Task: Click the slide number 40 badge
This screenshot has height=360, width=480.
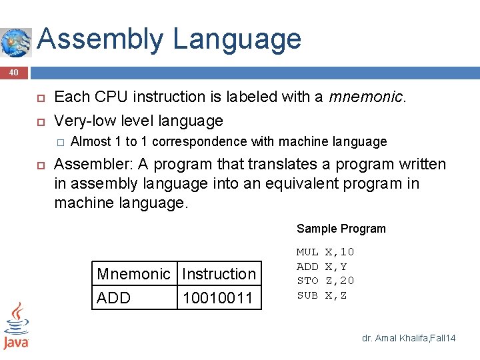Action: point(13,72)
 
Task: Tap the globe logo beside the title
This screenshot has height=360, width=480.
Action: point(15,43)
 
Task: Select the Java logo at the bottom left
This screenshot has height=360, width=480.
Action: point(16,327)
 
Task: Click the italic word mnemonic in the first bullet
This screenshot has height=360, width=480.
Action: point(365,97)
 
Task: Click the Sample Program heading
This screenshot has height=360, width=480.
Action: point(341,229)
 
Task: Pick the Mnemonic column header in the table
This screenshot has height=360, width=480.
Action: point(133,274)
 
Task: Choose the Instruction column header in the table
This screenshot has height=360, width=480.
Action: point(219,274)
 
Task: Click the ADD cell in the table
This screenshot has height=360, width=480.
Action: point(114,298)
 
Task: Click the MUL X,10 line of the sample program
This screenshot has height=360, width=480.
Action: point(325,252)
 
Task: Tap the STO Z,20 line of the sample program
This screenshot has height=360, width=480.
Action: point(325,281)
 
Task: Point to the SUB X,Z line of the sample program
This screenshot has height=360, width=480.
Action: point(321,295)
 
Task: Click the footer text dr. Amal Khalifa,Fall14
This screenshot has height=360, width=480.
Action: point(408,339)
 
